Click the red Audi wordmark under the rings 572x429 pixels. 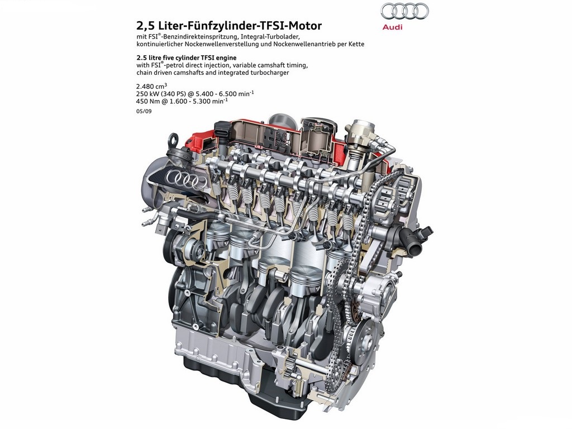click(393, 27)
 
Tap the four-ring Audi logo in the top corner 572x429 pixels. click(404, 11)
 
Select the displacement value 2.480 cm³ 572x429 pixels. click(151, 86)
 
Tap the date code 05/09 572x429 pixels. click(144, 111)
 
